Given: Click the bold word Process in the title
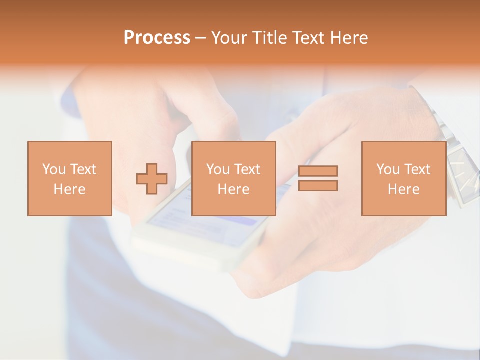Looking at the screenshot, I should [157, 38].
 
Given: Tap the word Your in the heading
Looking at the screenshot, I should [229, 38].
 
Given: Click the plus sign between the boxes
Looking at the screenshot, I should [152, 179].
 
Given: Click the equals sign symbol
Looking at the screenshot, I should [318, 178].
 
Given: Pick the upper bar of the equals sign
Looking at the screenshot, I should [318, 171].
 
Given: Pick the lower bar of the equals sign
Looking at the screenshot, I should [318, 186].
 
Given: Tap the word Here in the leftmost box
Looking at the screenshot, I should [70, 189].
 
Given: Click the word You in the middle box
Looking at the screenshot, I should [218, 169].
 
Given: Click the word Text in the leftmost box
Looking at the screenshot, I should [83, 169].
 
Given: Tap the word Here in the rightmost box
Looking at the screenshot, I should [404, 189].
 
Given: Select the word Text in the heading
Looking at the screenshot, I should [308, 38].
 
